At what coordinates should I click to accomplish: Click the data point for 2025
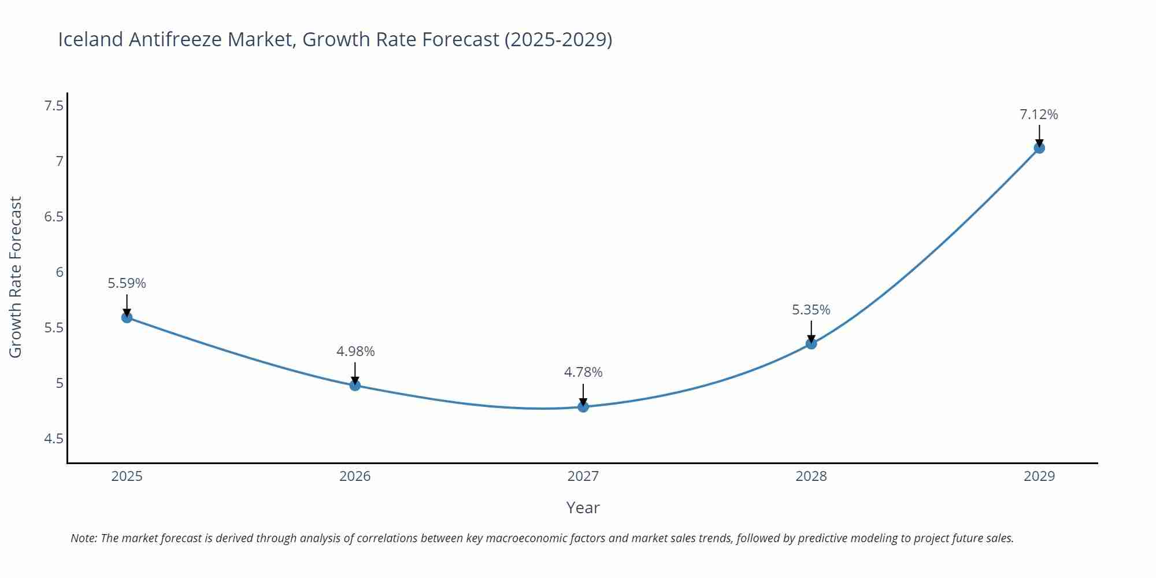pyautogui.click(x=127, y=317)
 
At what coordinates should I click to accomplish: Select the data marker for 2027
pyautogui.click(x=583, y=406)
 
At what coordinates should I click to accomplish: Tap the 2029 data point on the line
pyautogui.click(x=1039, y=147)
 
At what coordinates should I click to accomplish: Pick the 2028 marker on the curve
pyautogui.click(x=811, y=343)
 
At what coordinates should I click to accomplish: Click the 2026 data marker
pyautogui.click(x=355, y=385)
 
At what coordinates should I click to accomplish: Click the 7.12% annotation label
pyautogui.click(x=1039, y=114)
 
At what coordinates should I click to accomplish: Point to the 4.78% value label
pyautogui.click(x=583, y=372)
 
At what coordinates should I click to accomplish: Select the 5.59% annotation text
pyautogui.click(x=127, y=283)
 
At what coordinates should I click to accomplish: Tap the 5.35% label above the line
pyautogui.click(x=811, y=310)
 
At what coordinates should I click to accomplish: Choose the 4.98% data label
pyautogui.click(x=355, y=351)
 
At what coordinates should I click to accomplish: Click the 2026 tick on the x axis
pyautogui.click(x=355, y=476)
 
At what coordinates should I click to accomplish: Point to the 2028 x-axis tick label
pyautogui.click(x=811, y=476)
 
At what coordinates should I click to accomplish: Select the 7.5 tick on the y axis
pyautogui.click(x=54, y=106)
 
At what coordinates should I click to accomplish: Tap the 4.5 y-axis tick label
pyautogui.click(x=54, y=439)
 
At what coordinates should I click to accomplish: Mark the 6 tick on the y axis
pyautogui.click(x=60, y=272)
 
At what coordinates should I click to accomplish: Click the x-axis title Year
pyautogui.click(x=583, y=507)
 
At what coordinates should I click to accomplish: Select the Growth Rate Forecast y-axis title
pyautogui.click(x=16, y=277)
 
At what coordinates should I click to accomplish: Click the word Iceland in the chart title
pyautogui.click(x=91, y=39)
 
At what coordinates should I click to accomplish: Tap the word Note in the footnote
pyautogui.click(x=83, y=538)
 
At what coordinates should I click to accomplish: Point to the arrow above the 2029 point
pyautogui.click(x=1039, y=136)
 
